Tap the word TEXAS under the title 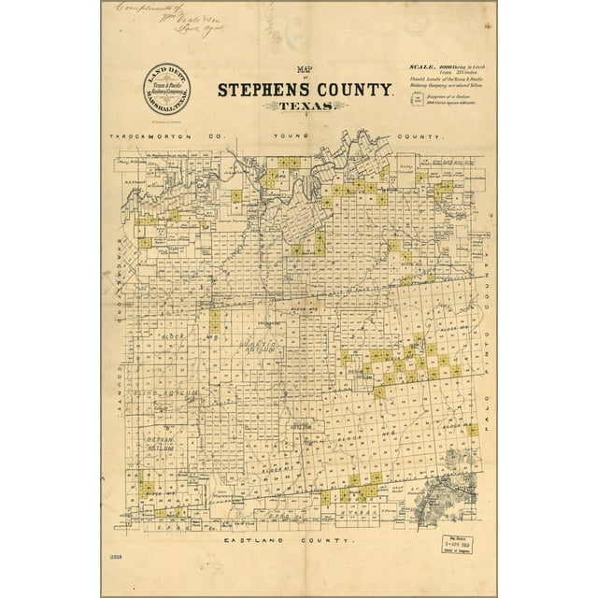[x=302, y=107]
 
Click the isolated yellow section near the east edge [x=473, y=430]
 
